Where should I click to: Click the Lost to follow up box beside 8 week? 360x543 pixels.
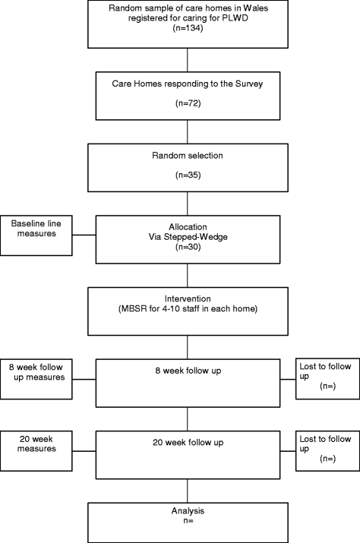tap(327, 374)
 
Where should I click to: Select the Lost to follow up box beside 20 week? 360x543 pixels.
tap(327, 444)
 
